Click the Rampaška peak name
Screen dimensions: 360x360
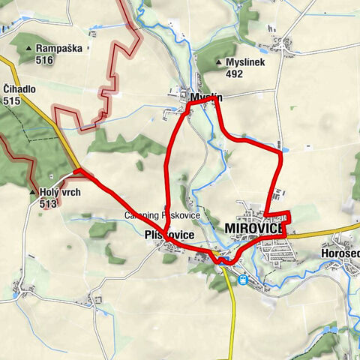coord(55,48)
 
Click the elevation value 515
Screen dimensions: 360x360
coord(11,100)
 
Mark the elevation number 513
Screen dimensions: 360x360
coord(49,202)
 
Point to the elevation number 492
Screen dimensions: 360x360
coord(235,74)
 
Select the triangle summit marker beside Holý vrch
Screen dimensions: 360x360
coord(34,192)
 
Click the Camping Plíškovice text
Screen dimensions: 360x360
coord(162,215)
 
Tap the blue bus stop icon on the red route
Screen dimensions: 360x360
coord(220,261)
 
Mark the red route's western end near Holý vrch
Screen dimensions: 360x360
coord(76,172)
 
